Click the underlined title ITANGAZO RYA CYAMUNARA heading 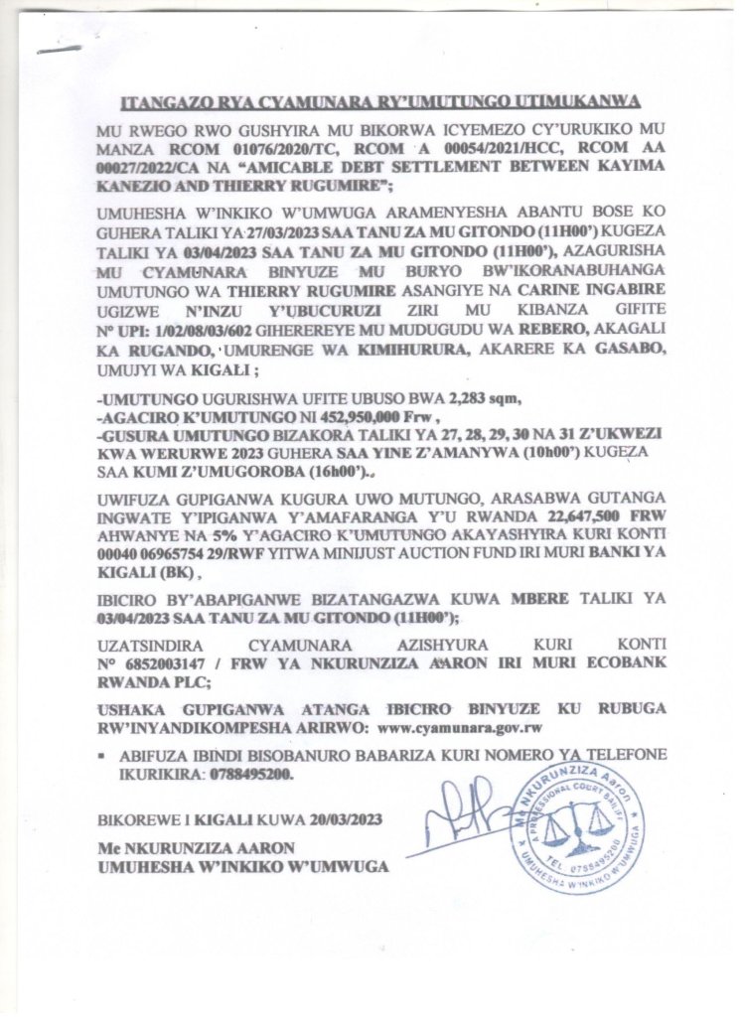pyautogui.click(x=380, y=102)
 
